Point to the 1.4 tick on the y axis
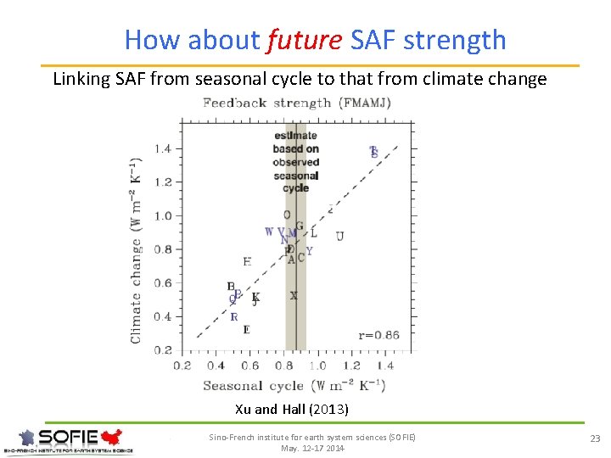(x=162, y=149)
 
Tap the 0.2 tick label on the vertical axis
(x=162, y=349)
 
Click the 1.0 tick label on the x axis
(x=318, y=366)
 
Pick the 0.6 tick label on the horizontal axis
(x=250, y=366)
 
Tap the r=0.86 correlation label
(x=378, y=335)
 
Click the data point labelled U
(x=339, y=236)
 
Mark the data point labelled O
(x=287, y=215)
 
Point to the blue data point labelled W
(x=269, y=232)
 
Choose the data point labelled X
(x=294, y=296)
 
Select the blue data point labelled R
(x=234, y=316)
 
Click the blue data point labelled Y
(x=309, y=251)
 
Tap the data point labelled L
(x=313, y=232)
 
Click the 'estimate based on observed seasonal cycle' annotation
(x=295, y=161)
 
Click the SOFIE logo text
(x=69, y=438)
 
